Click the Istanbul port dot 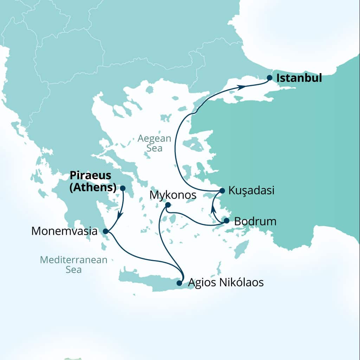point(269,78)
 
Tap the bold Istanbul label point(299,78)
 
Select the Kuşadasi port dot point(222,191)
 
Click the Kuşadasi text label point(251,191)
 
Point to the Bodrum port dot point(226,221)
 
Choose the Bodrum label point(255,221)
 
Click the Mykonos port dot point(168,205)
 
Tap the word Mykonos point(173,195)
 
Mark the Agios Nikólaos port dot point(179,283)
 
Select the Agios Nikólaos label point(226,282)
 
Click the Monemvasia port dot point(105,231)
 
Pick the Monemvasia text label point(64,231)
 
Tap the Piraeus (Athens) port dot point(123,188)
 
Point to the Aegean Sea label point(154,143)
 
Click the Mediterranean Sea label point(73,265)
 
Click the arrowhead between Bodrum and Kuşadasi point(213,210)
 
